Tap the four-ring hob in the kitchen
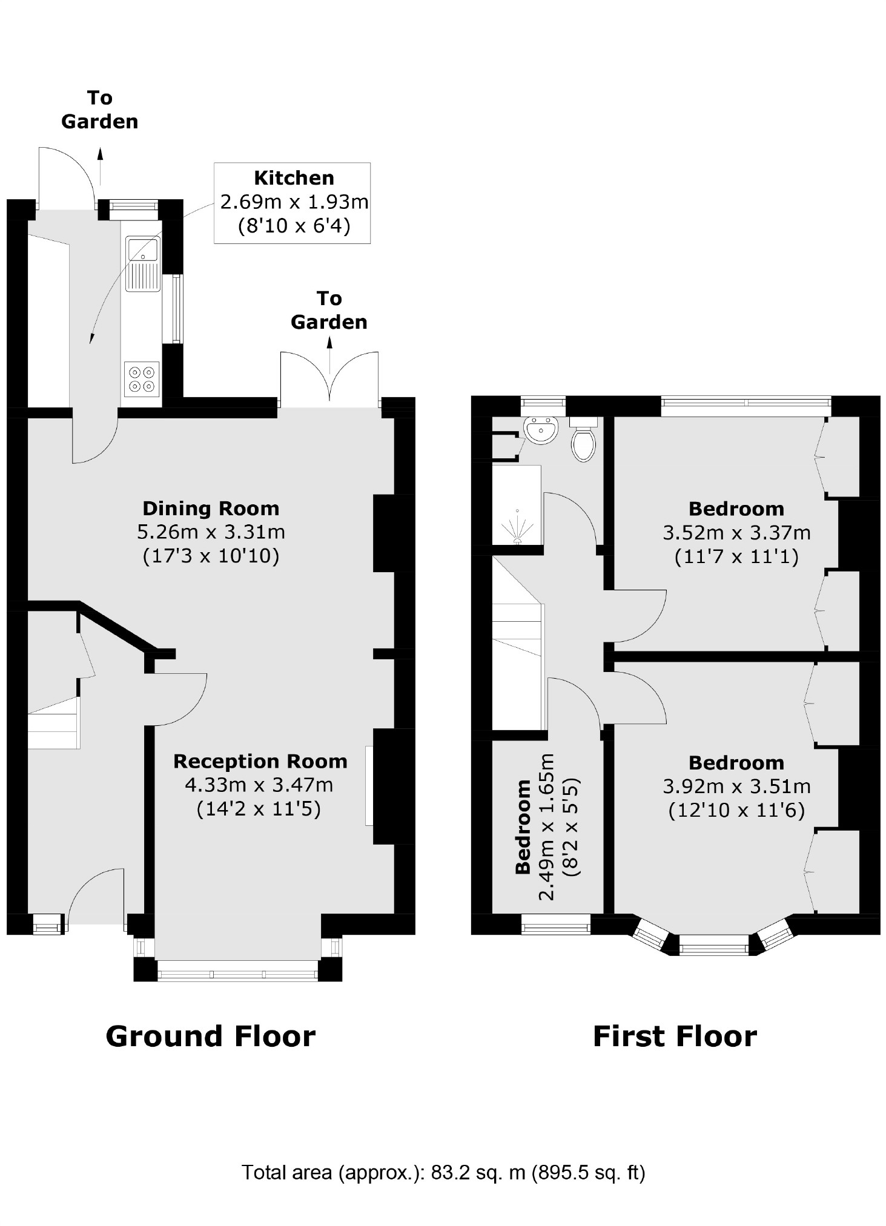coord(142,379)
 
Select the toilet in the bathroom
coord(584,444)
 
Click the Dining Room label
coord(211,509)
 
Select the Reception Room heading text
coord(260,761)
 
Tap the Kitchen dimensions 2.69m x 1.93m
coord(294,202)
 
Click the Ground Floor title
coord(210,1036)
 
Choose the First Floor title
coord(675,1036)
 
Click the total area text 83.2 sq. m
coord(443,1173)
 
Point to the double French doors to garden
coord(329,378)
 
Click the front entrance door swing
coord(97,896)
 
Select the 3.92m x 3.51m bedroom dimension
coord(736,786)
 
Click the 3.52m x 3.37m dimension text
coord(736,533)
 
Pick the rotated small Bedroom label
coord(523,827)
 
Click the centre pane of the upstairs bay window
coord(713,944)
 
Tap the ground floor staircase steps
coord(53,723)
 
